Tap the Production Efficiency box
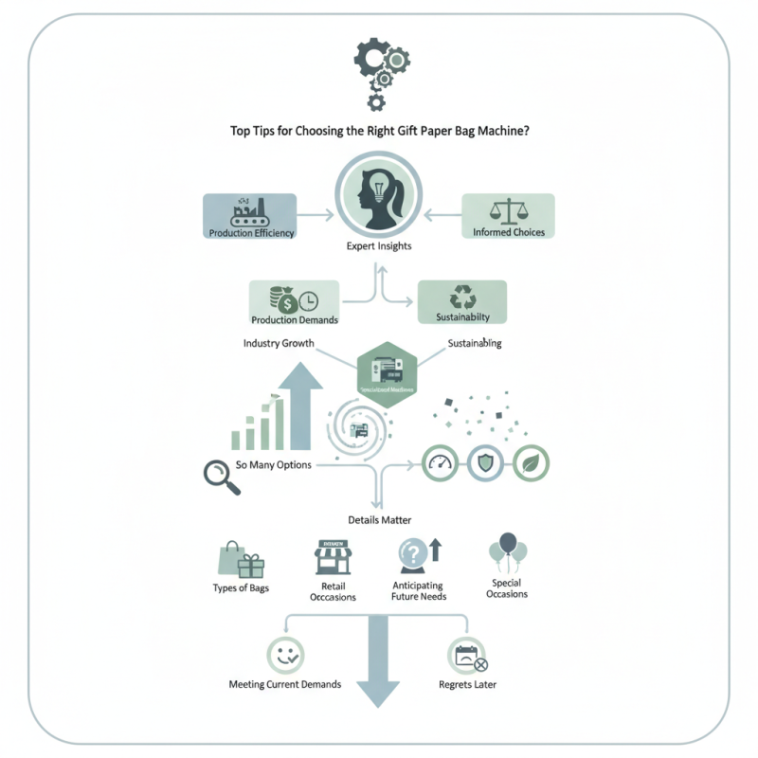(x=250, y=217)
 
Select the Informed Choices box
(x=507, y=217)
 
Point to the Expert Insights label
(x=378, y=247)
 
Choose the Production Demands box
(x=294, y=303)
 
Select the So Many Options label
(x=274, y=465)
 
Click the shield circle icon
(x=485, y=463)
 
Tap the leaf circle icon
(x=531, y=463)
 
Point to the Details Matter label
(x=379, y=520)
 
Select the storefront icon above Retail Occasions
(x=334, y=558)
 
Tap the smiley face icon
(x=284, y=654)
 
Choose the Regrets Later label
(x=467, y=684)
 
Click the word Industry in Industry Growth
(x=261, y=343)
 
